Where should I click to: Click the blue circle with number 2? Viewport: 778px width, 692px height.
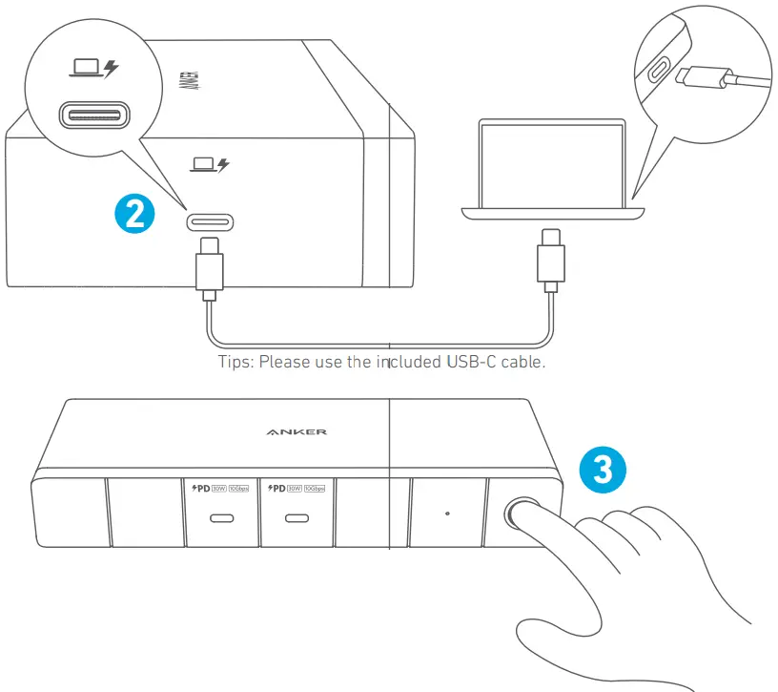click(x=134, y=213)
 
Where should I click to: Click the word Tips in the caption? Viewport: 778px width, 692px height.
click(x=236, y=363)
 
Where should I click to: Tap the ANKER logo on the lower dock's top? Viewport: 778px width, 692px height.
click(x=297, y=431)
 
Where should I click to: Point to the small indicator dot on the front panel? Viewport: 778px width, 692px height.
click(x=448, y=514)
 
